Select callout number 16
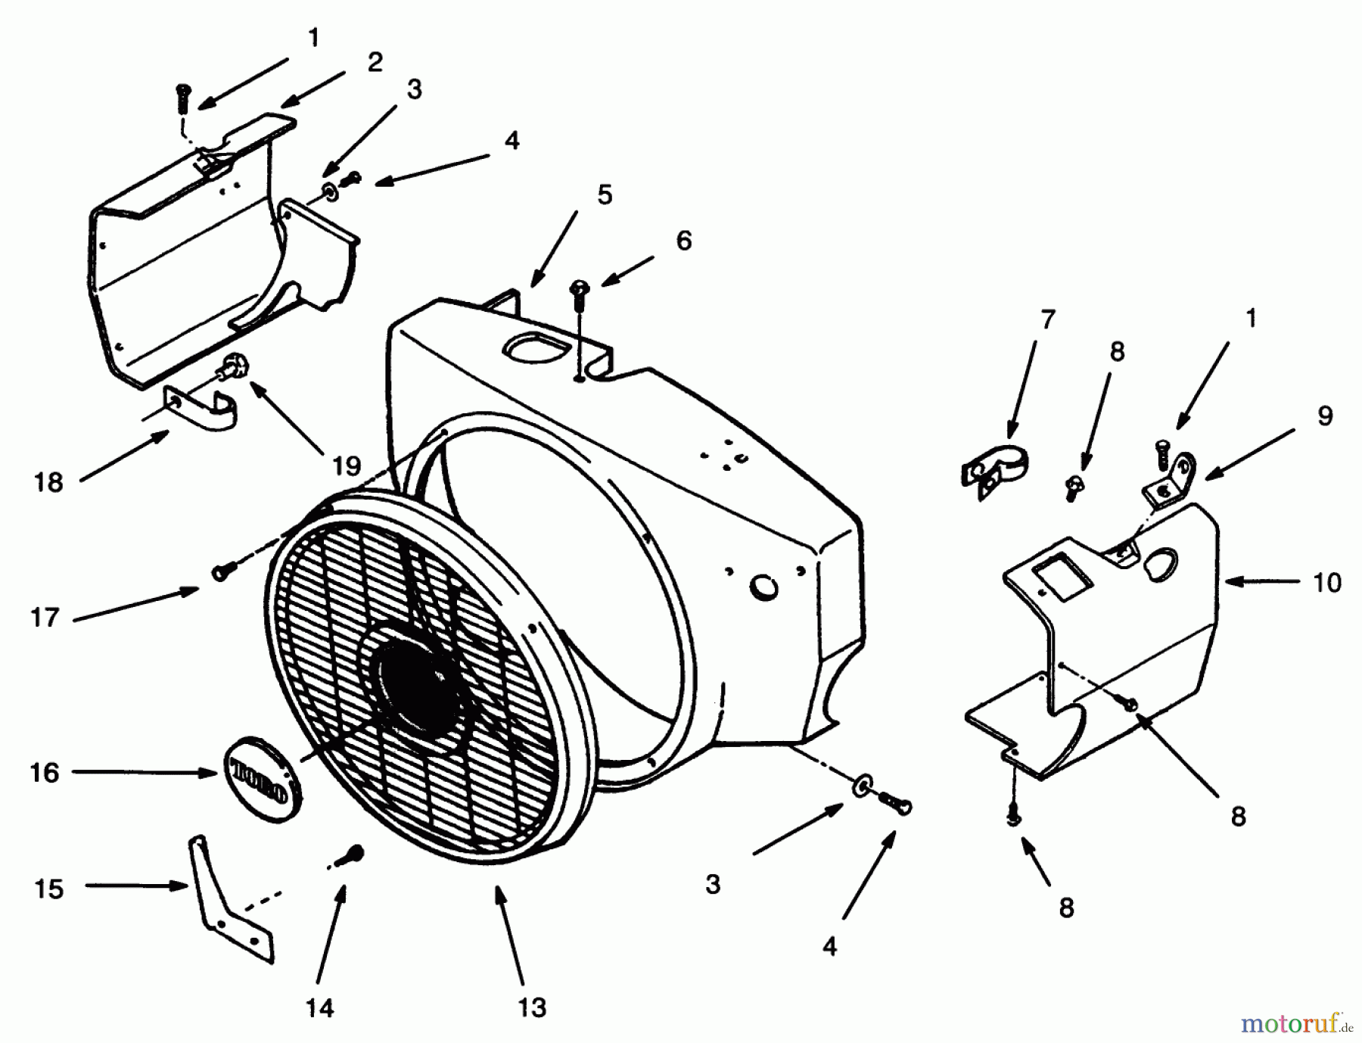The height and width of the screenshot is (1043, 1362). pos(45,773)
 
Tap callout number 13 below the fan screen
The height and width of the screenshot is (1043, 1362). pos(532,1007)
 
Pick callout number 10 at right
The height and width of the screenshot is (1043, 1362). pos(1326,582)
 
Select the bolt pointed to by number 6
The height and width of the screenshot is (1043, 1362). pos(580,296)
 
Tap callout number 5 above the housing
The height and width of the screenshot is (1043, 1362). pos(604,195)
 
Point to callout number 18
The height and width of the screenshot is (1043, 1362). pos(48,481)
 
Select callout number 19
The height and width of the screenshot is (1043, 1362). pos(347,465)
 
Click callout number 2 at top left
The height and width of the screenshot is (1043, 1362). pos(375,62)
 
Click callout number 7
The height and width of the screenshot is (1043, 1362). pos(1047,319)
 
